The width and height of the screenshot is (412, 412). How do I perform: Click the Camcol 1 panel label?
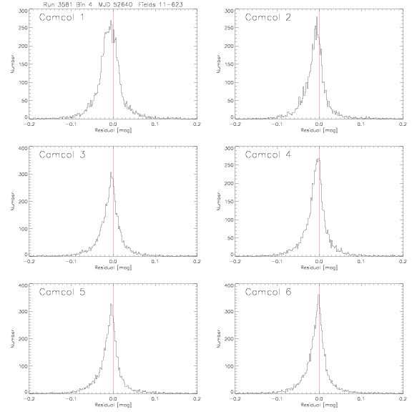[62, 17]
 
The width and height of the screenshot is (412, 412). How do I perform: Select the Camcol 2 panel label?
[268, 17]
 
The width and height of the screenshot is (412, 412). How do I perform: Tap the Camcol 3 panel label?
[62, 154]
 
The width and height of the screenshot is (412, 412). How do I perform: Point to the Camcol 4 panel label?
[268, 154]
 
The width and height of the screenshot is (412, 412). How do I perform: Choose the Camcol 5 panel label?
[62, 292]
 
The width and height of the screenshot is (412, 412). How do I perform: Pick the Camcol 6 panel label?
[268, 292]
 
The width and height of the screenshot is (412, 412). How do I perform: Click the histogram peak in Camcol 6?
[319, 295]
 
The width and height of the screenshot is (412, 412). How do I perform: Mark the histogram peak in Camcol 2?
[317, 17]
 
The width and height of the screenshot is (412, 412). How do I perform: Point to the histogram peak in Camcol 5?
[111, 304]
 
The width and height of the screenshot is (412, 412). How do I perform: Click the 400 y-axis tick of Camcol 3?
[23, 148]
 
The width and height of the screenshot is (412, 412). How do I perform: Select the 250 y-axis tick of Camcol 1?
[23, 28]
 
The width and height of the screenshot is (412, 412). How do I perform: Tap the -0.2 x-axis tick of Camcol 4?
[235, 262]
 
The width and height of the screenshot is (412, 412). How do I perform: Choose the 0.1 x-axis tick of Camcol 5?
[155, 399]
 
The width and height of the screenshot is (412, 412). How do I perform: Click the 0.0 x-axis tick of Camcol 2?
[319, 124]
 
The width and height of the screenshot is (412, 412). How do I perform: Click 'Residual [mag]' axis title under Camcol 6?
[319, 405]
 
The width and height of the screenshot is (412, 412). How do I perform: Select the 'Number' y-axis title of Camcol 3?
[12, 201]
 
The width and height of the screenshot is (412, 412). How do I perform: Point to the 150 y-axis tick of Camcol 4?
[229, 202]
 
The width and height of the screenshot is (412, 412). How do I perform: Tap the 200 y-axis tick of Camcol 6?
[229, 339]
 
